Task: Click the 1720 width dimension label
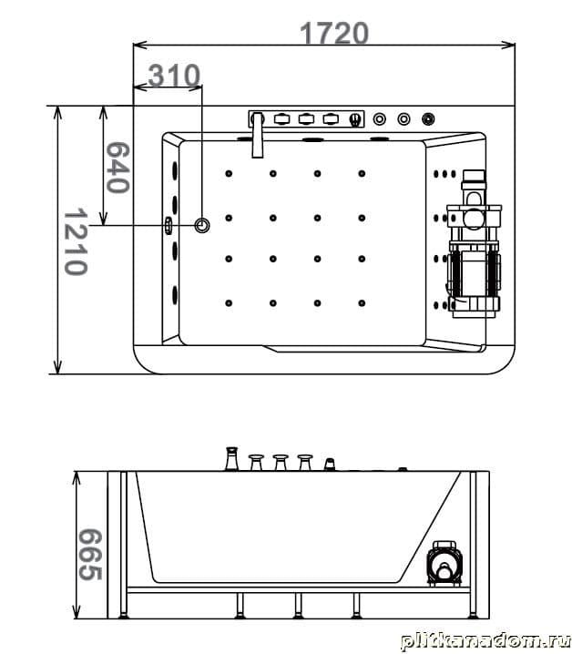[334, 33]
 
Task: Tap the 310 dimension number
[174, 76]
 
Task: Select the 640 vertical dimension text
[117, 168]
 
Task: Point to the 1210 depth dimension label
[76, 242]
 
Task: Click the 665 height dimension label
[90, 555]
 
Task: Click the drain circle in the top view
[202, 226]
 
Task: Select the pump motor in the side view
[444, 563]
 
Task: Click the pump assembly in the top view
[475, 243]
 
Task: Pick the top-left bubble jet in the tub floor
[229, 173]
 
